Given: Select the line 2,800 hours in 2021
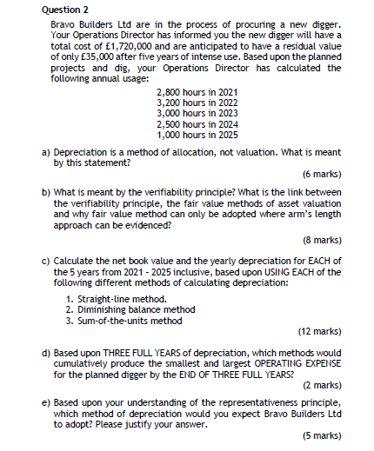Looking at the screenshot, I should [x=197, y=93].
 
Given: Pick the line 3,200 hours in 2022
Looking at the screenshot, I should [x=197, y=103].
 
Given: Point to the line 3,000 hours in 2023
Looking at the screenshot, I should [x=197, y=114].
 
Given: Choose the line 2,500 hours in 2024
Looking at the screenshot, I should [x=197, y=124].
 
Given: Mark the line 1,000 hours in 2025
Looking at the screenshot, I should [x=197, y=135].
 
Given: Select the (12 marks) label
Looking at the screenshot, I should [x=319, y=331].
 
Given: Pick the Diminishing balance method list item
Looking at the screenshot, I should [x=139, y=309].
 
